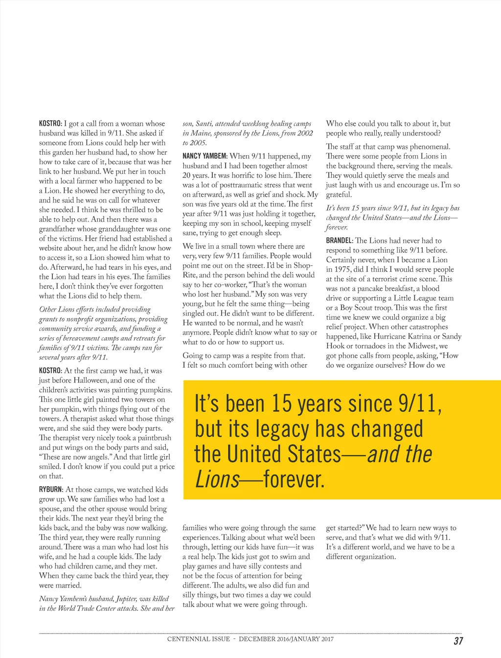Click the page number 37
[458, 641]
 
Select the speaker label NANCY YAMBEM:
[205, 156]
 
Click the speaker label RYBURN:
[51, 490]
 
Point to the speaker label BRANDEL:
[340, 241]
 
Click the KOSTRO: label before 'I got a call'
[50, 124]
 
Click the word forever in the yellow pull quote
[294, 480]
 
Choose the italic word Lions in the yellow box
[217, 480]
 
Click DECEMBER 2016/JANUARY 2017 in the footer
[286, 639]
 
